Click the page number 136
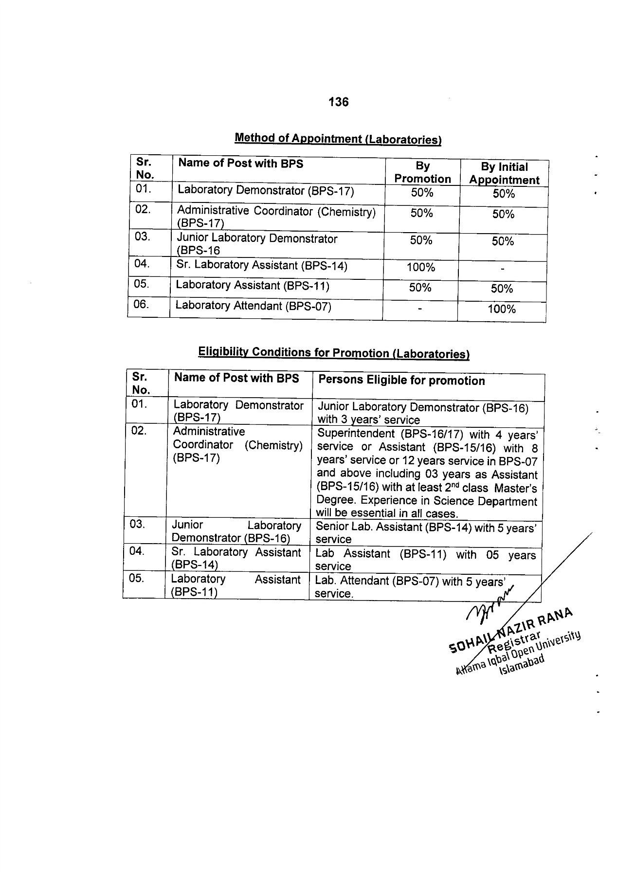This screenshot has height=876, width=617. [x=338, y=102]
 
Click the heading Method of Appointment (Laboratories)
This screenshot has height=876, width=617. [x=338, y=139]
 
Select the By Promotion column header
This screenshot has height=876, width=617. [x=422, y=173]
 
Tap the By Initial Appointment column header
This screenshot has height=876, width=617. [x=504, y=173]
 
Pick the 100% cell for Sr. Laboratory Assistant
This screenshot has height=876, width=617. [x=421, y=268]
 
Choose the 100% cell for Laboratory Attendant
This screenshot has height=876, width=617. [x=502, y=310]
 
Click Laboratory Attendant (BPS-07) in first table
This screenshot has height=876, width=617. [x=253, y=306]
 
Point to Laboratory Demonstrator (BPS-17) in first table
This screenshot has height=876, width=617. [x=266, y=190]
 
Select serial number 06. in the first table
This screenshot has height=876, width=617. [x=141, y=305]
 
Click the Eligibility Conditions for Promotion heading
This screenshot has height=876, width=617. [x=333, y=353]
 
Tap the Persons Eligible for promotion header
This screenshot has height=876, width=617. [x=401, y=381]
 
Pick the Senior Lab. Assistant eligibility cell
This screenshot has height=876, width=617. [x=426, y=533]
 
